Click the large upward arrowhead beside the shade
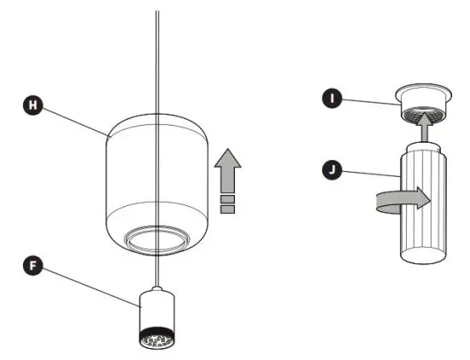(226, 162)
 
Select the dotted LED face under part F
(156, 339)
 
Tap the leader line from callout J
(363, 174)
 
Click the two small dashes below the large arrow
(226, 204)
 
